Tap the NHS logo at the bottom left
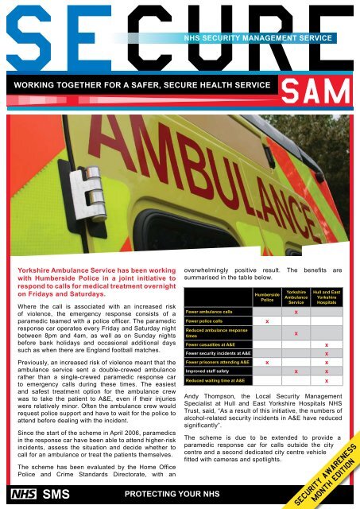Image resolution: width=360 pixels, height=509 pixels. tap(17, 494)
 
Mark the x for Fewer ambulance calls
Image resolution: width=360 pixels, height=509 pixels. tap(296, 312)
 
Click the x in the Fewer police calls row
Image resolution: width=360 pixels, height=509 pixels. tap(267, 321)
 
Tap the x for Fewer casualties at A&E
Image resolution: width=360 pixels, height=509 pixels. tap(327, 344)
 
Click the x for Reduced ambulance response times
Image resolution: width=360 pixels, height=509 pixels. tap(296, 332)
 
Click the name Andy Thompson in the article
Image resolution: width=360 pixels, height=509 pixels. tap(208, 395)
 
